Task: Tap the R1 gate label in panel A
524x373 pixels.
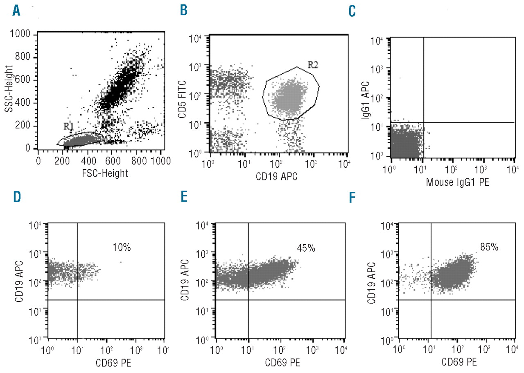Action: click(x=68, y=127)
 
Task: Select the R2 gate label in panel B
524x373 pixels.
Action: click(x=313, y=64)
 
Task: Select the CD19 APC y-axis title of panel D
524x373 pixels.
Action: click(x=19, y=280)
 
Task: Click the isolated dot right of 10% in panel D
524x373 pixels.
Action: click(x=121, y=262)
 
